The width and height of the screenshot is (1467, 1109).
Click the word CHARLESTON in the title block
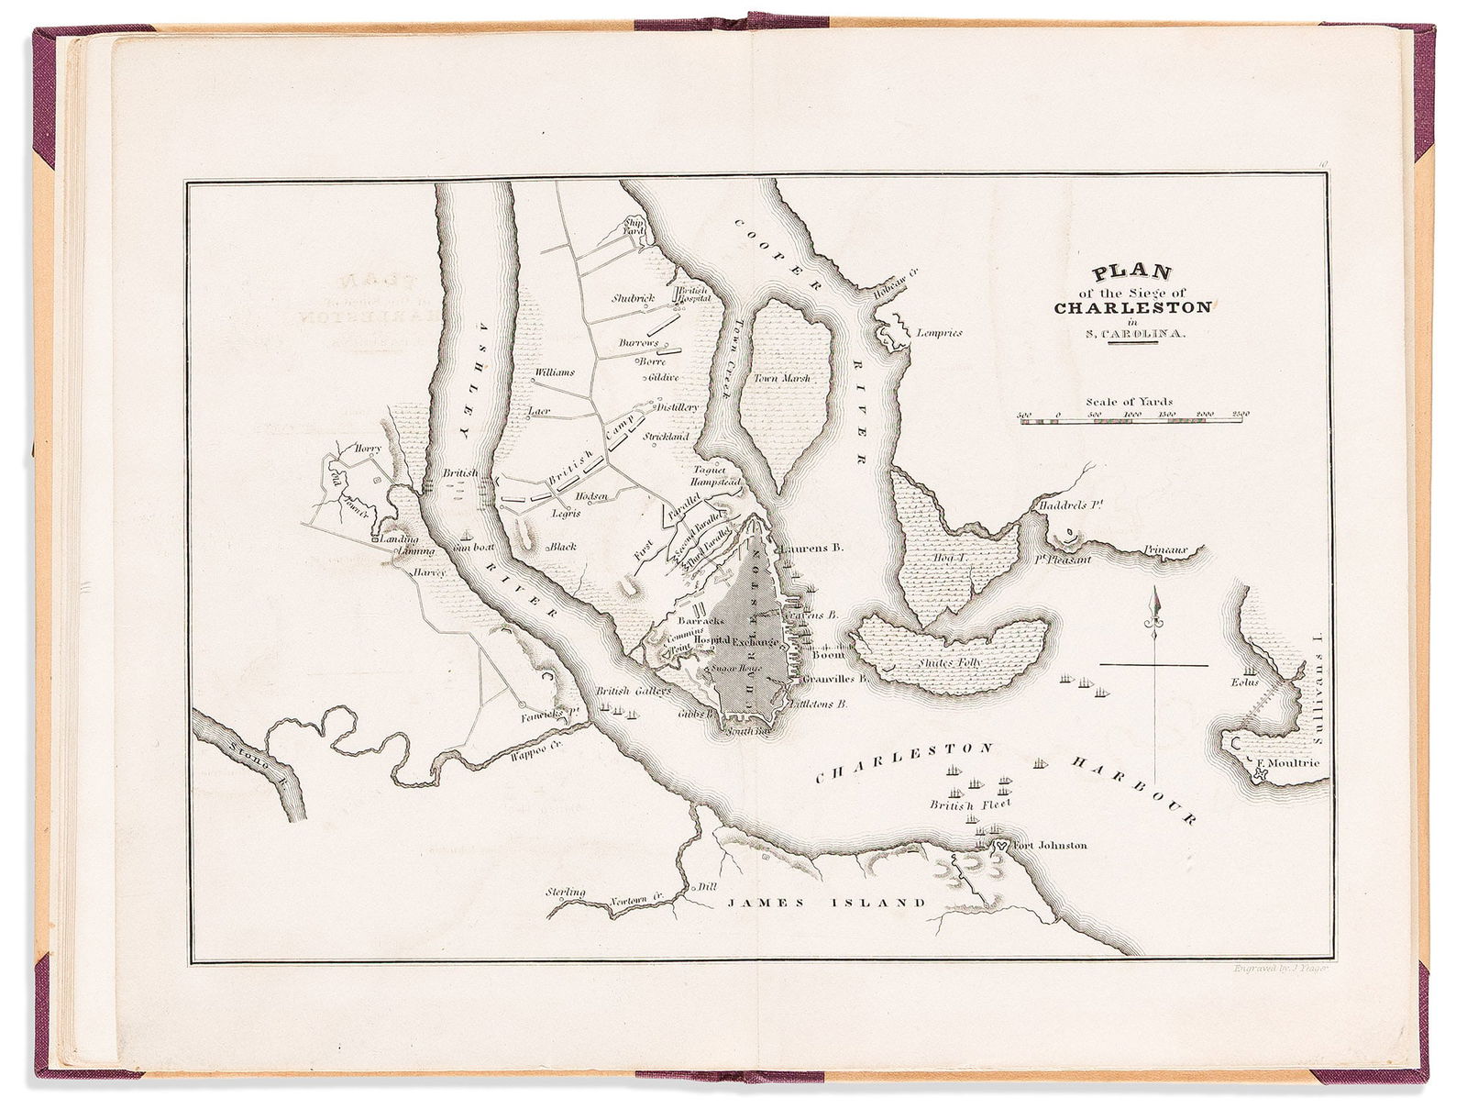pos(1120,307)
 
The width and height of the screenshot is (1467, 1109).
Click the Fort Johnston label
pos(1049,845)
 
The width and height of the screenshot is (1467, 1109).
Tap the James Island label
pos(826,903)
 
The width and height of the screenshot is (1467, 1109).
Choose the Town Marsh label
pos(782,378)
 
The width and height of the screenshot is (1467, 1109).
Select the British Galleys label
pos(634,691)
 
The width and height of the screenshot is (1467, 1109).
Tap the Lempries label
pos(939,333)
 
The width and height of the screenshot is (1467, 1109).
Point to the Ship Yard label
pos(634,227)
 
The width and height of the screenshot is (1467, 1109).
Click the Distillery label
pos(678,406)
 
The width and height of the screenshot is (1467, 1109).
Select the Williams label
pos(554,372)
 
